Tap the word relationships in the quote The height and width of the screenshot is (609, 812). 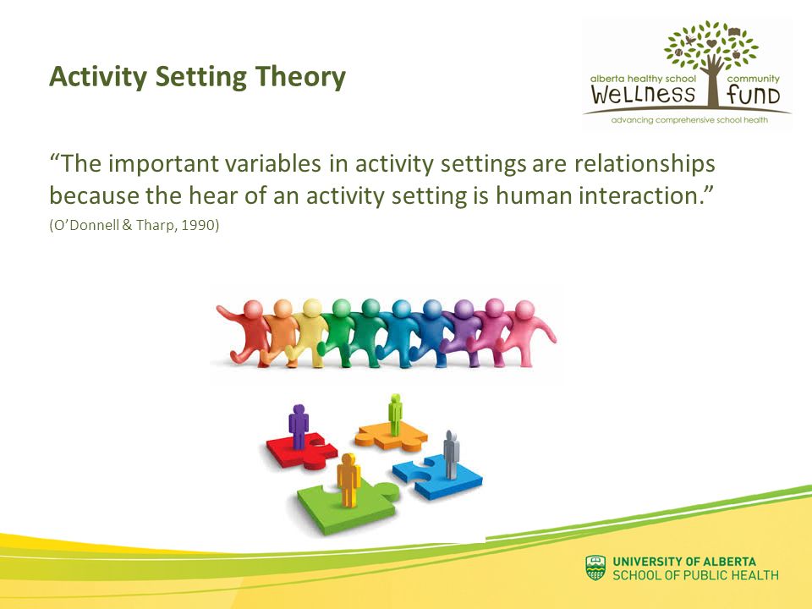click(x=645, y=163)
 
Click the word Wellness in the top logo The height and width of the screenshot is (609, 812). click(x=642, y=94)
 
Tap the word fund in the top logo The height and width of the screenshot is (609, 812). click(x=753, y=94)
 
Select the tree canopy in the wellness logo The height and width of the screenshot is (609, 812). click(x=710, y=44)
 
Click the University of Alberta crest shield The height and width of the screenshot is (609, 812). click(x=595, y=568)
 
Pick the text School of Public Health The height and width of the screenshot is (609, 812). click(x=695, y=575)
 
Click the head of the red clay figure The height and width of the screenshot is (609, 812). click(x=253, y=310)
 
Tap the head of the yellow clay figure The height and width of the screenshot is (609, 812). click(x=312, y=308)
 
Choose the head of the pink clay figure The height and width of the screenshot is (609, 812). click(x=524, y=310)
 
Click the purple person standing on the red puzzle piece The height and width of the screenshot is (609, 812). click(x=299, y=426)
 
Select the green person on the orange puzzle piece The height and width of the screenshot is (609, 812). click(x=395, y=414)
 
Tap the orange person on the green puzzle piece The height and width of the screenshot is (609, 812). click(x=348, y=480)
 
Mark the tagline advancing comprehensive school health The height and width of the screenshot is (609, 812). click(x=689, y=120)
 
